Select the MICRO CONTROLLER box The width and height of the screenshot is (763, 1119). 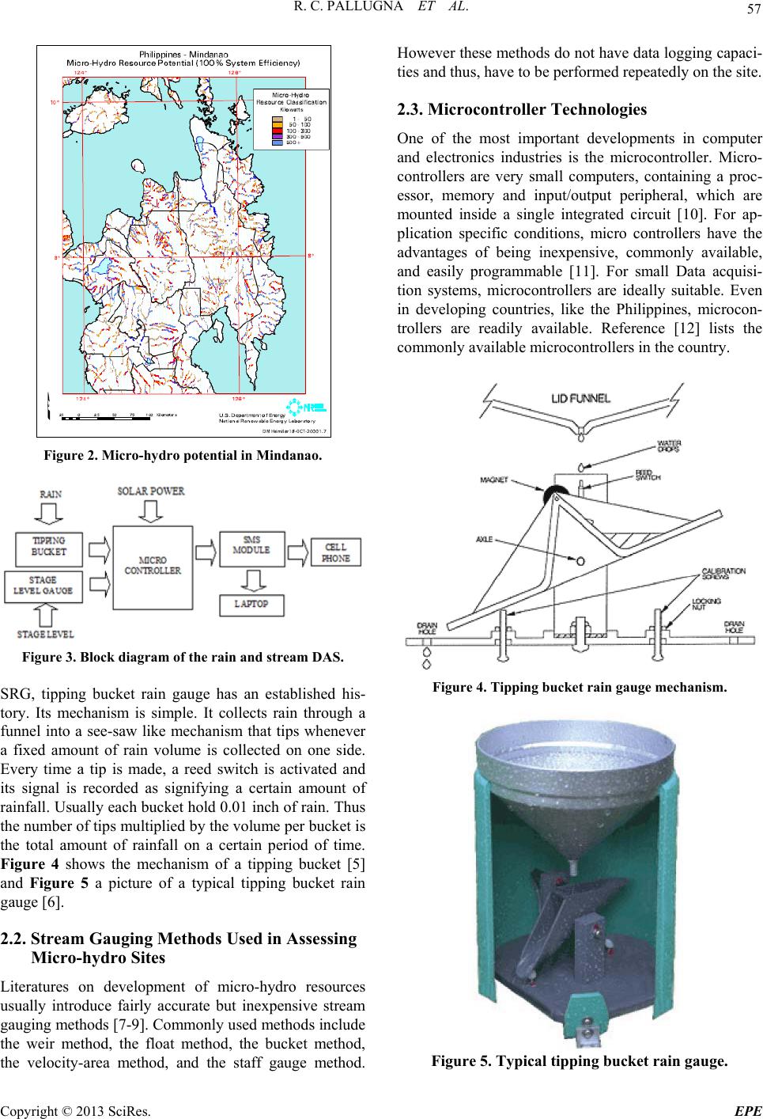click(153, 564)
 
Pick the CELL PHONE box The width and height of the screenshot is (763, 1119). click(341, 552)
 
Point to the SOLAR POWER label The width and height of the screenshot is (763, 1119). click(151, 492)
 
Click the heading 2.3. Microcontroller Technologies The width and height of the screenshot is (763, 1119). click(521, 110)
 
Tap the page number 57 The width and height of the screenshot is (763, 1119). click(750, 10)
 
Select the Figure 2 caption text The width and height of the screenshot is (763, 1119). click(183, 457)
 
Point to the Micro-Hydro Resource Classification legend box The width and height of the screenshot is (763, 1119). click(290, 119)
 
